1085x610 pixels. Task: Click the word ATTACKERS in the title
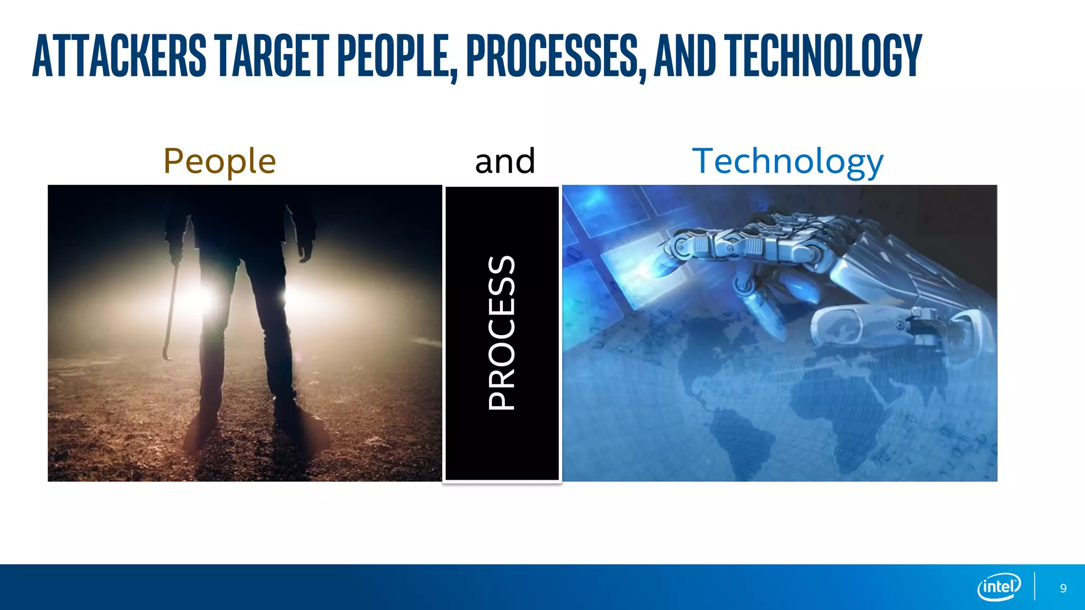click(x=119, y=56)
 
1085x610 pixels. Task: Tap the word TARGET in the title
click(x=273, y=56)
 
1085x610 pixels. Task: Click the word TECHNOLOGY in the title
click(x=824, y=56)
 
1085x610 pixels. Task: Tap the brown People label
click(x=219, y=161)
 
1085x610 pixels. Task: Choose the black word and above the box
click(x=504, y=161)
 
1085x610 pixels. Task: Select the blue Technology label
click(x=788, y=162)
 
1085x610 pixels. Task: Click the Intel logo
click(x=999, y=587)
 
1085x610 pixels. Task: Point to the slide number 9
click(x=1063, y=588)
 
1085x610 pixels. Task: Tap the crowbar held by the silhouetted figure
click(x=171, y=312)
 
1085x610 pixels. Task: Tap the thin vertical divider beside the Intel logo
click(x=1035, y=587)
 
